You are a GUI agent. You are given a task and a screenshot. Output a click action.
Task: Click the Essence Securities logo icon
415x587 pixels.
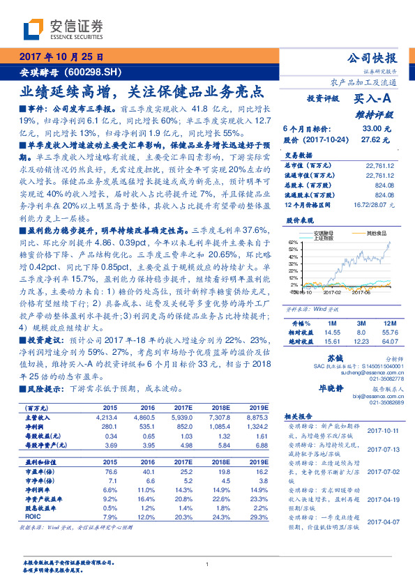click(35, 29)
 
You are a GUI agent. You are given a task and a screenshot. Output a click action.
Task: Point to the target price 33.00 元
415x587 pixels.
click(370, 129)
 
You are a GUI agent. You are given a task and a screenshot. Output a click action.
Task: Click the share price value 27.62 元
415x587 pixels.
click(370, 139)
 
